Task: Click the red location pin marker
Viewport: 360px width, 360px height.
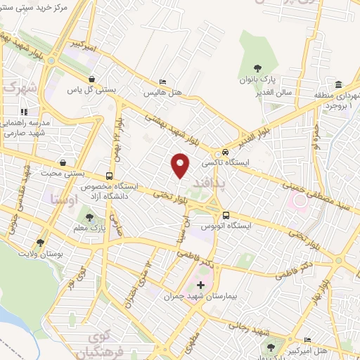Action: click(x=181, y=165)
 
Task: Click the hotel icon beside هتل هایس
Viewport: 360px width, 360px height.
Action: click(x=163, y=82)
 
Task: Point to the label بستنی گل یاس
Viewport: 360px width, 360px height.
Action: click(x=90, y=89)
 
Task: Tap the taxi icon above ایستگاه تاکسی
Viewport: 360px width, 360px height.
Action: click(x=225, y=151)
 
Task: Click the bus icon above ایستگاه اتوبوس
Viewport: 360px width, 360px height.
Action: click(x=226, y=216)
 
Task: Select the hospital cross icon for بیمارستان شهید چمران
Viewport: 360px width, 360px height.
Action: click(x=201, y=285)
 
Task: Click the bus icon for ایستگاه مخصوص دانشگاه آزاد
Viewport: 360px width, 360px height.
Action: click(x=109, y=176)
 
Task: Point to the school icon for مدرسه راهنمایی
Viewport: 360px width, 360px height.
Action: click(x=23, y=111)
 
